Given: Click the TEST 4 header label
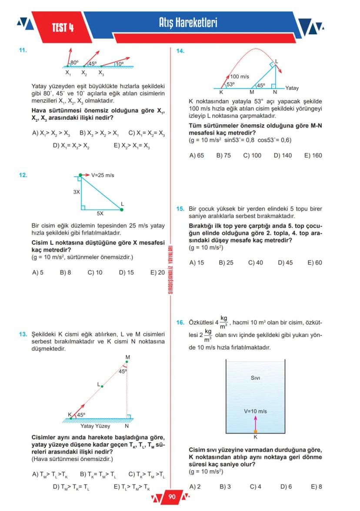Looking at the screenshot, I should click(x=63, y=28).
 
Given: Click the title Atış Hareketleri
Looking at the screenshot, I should click(x=188, y=23).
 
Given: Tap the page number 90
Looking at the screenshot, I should click(x=171, y=497).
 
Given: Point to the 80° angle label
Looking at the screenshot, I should click(x=74, y=63).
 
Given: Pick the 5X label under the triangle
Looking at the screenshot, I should click(x=100, y=214).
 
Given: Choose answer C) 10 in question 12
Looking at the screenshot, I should click(x=95, y=273).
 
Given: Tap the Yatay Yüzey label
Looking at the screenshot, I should click(x=95, y=426).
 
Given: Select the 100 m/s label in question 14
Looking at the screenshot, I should click(x=240, y=77).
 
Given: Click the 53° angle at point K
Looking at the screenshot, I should click(x=231, y=84).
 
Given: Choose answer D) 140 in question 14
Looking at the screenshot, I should click(x=283, y=155).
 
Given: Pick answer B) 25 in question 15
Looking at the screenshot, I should click(x=226, y=263).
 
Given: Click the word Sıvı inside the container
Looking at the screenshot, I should click(x=256, y=378).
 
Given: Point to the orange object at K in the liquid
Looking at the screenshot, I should click(x=255, y=431).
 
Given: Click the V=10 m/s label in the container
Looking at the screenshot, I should click(x=255, y=411).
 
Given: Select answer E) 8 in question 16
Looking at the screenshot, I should click(x=317, y=487).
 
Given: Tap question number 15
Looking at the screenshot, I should click(x=180, y=209).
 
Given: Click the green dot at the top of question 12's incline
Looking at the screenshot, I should click(x=81, y=175).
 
